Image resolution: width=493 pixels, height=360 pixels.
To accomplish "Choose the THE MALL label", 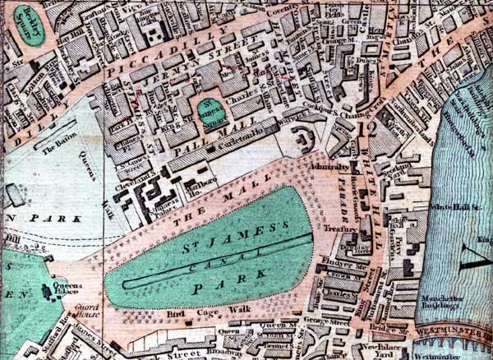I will (x=185, y=208).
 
